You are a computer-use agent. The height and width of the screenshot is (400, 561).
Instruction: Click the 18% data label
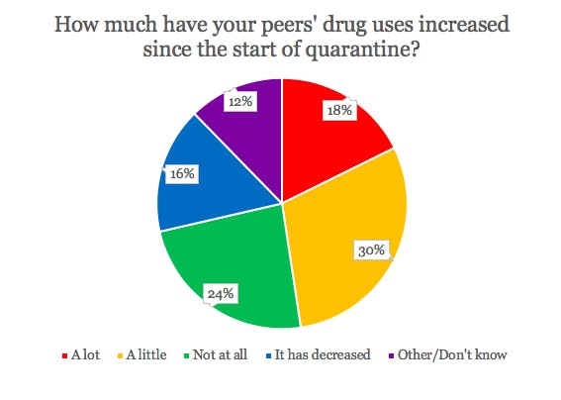[339, 111]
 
